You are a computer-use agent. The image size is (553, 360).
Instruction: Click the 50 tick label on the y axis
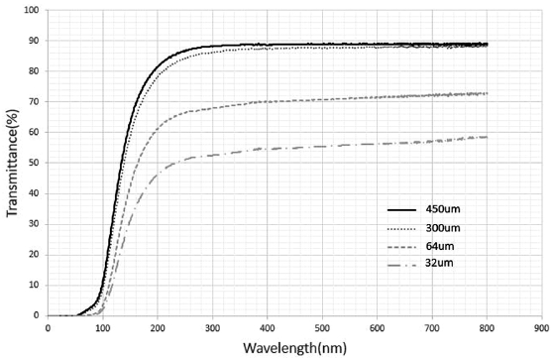pyautogui.click(x=35, y=163)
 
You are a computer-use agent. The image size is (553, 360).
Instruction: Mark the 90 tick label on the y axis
pyautogui.click(x=35, y=42)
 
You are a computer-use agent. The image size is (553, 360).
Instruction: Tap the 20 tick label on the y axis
pyautogui.click(x=35, y=254)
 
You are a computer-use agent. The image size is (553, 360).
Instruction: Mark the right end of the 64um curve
pyautogui.click(x=487, y=93)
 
